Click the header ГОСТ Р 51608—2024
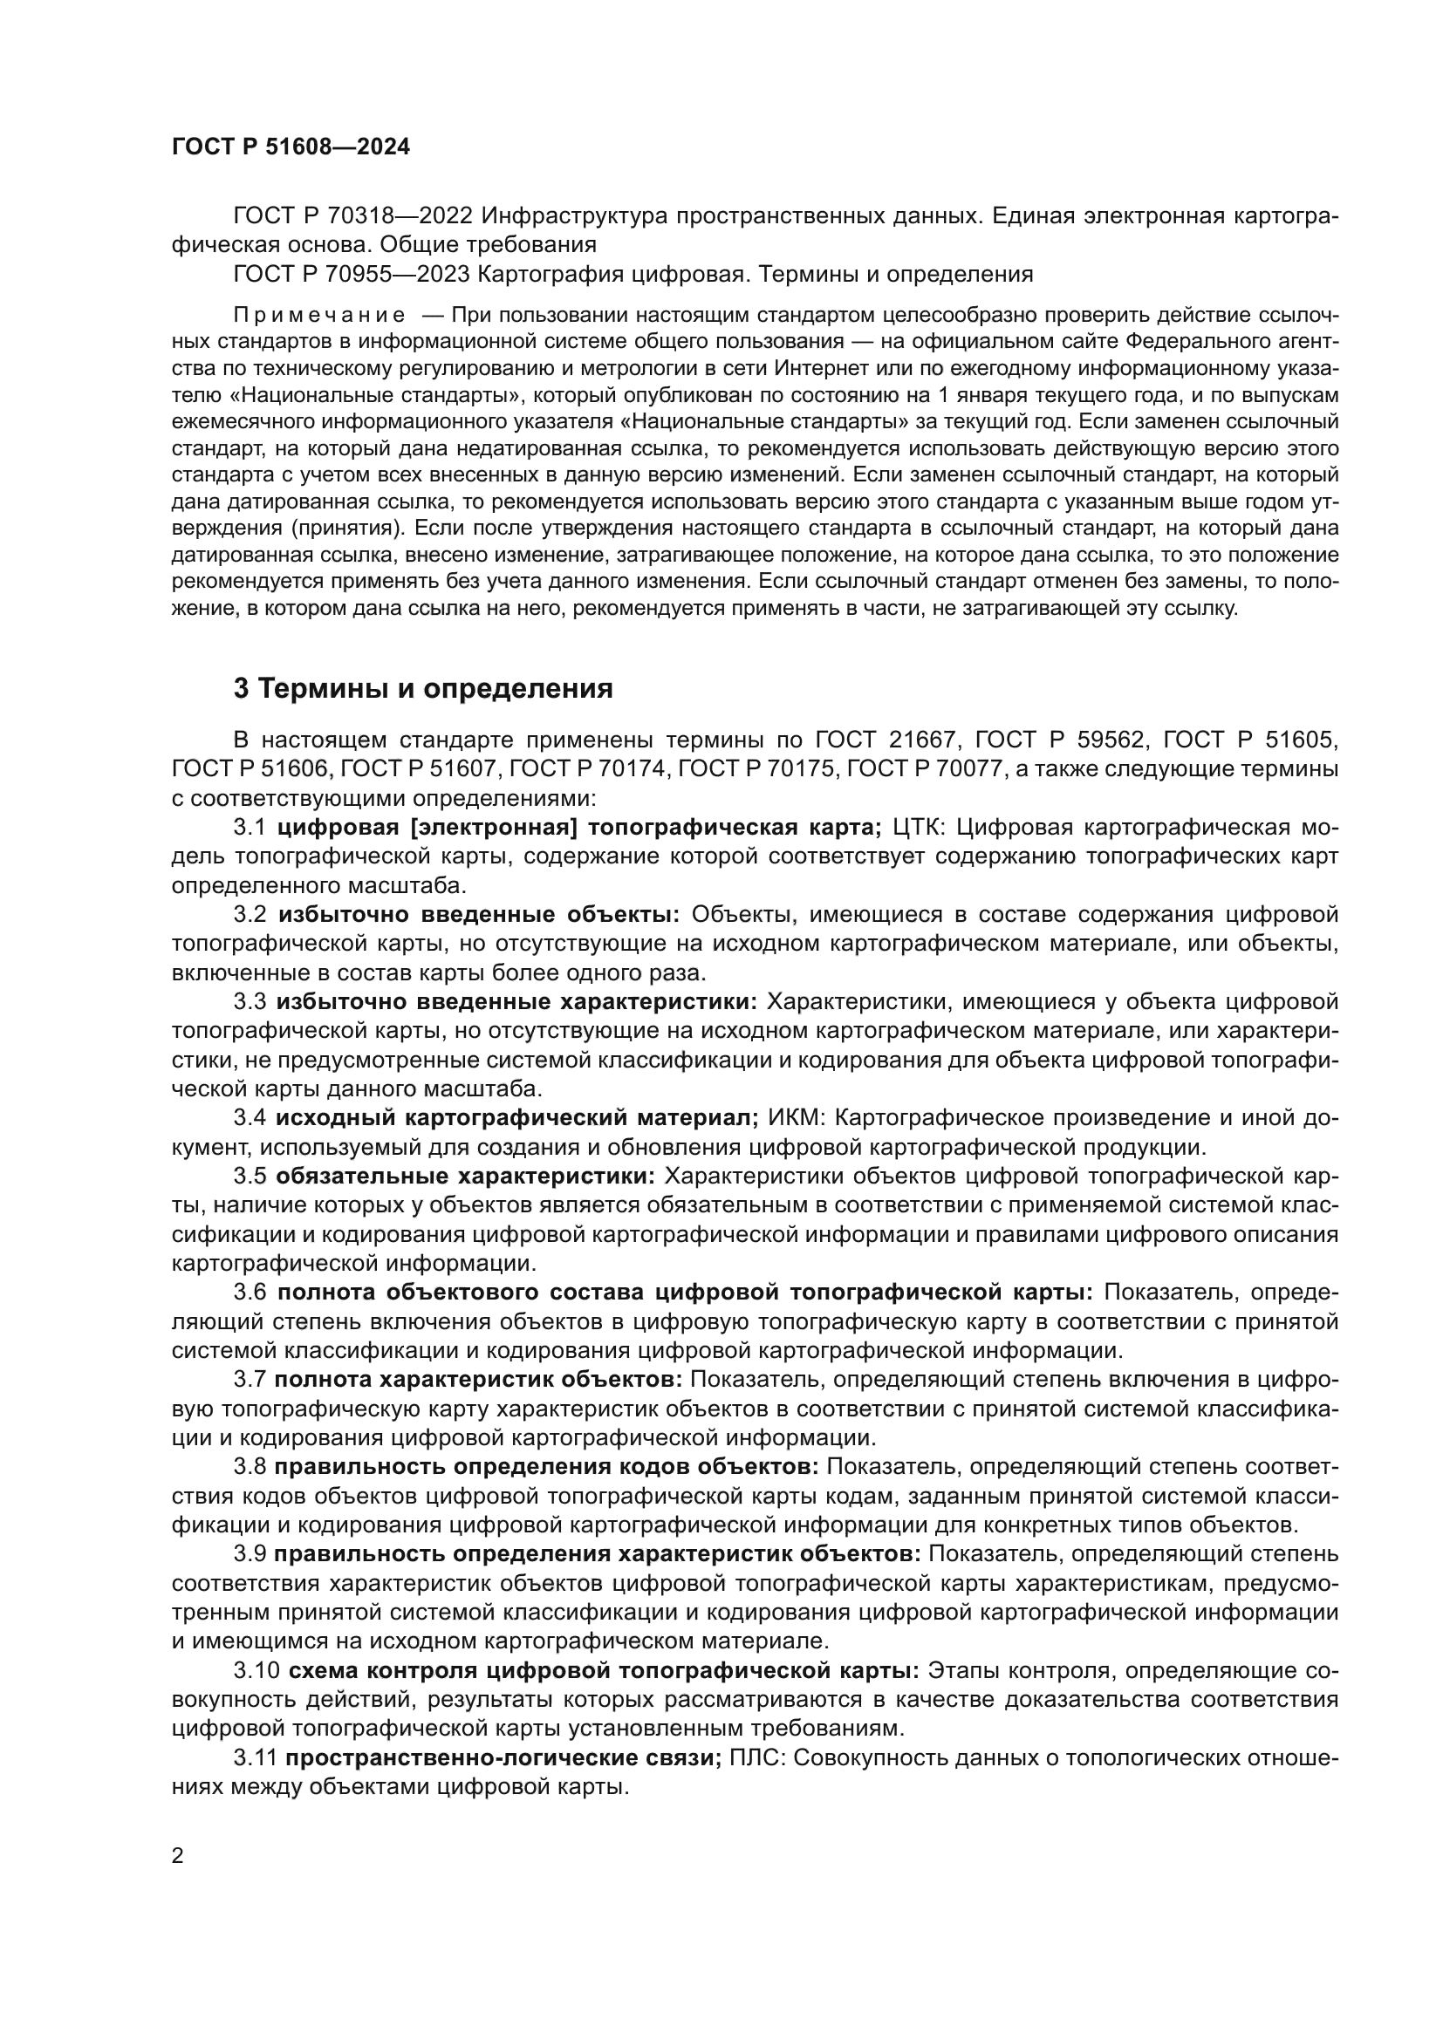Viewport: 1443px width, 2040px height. pyautogui.click(x=291, y=147)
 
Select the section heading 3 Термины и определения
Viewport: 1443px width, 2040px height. pyautogui.click(x=423, y=689)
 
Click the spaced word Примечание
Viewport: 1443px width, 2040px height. pyautogui.click(x=319, y=316)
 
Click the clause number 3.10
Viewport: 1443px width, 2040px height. pyautogui.click(x=256, y=1669)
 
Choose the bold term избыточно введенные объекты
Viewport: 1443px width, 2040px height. pyautogui.click(x=478, y=914)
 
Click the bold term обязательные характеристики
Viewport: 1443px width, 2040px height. pyautogui.click(x=465, y=1176)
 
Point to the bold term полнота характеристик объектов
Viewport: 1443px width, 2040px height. pyautogui.click(x=478, y=1379)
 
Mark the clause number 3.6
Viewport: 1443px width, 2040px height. pyautogui.click(x=250, y=1292)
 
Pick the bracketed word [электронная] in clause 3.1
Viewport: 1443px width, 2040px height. pyautogui.click(x=494, y=827)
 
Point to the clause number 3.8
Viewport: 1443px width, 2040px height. pyautogui.click(x=250, y=1466)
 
